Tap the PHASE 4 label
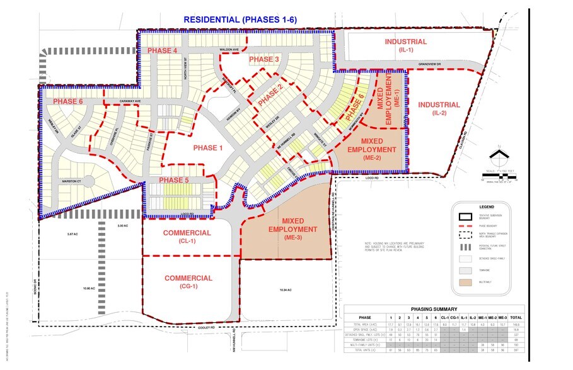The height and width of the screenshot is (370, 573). (x=162, y=50)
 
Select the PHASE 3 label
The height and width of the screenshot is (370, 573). (x=263, y=59)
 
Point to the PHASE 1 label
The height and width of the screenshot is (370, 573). (x=208, y=148)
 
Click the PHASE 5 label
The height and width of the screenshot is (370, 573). (x=173, y=181)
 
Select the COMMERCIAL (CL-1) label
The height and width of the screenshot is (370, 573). (x=187, y=237)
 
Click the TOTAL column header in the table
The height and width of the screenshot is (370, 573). (x=515, y=318)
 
